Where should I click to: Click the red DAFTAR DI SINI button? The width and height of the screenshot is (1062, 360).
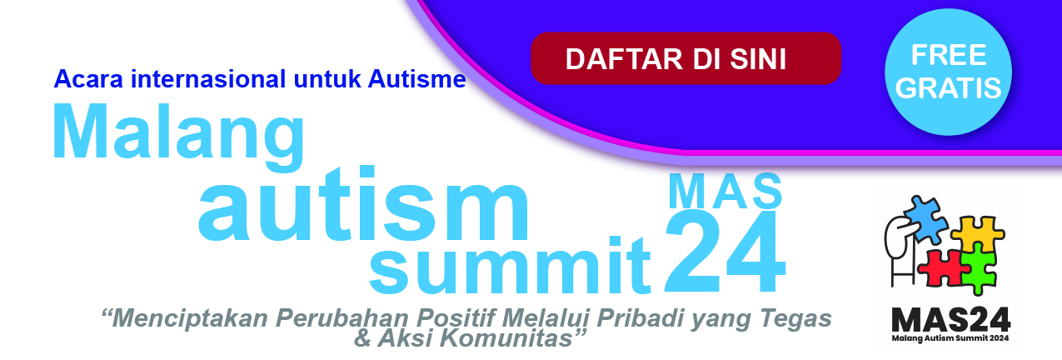(686, 58)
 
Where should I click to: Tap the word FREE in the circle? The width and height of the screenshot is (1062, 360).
(949, 55)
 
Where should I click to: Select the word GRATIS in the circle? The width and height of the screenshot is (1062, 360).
(948, 88)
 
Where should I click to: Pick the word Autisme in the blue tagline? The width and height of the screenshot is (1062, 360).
(416, 78)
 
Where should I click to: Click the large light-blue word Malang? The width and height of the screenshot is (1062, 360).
(179, 136)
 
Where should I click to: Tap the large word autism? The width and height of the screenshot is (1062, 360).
(363, 204)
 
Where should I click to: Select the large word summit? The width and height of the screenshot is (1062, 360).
(510, 266)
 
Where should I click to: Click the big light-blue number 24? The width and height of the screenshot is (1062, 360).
(725, 252)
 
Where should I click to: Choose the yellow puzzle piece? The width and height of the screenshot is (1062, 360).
(978, 234)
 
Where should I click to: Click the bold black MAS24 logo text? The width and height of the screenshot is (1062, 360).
(950, 320)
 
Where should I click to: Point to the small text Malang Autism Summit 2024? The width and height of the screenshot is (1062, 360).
(950, 338)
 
